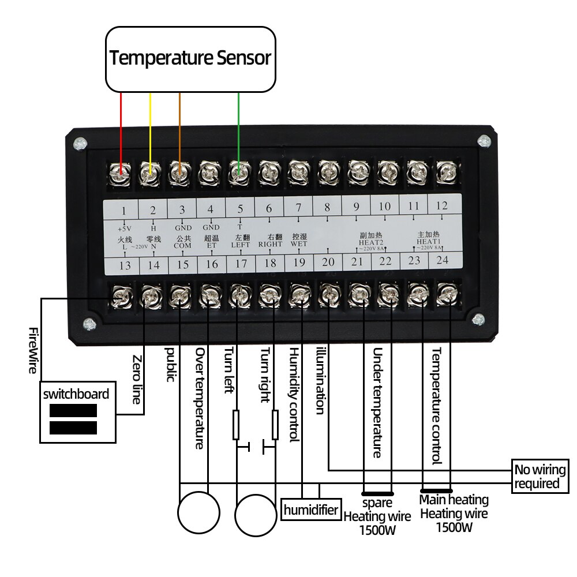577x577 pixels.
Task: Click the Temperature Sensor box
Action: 190,58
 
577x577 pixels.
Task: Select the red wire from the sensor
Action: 121,127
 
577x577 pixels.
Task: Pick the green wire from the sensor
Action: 238,127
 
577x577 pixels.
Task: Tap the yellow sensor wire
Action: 150,127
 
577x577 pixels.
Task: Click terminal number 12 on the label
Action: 441,205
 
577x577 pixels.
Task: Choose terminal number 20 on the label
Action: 328,263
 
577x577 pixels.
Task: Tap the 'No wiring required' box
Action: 537,476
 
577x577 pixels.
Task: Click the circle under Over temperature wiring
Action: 198,512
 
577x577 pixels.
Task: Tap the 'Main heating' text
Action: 454,500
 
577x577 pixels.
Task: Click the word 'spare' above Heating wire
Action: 377,503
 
